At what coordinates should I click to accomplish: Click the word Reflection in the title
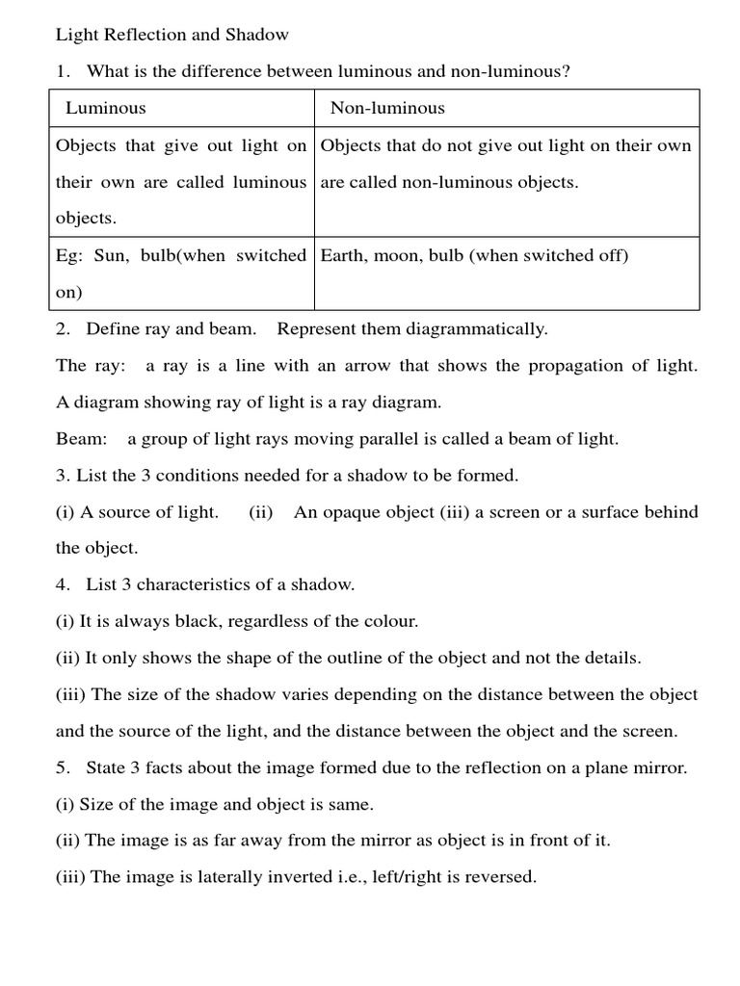136,36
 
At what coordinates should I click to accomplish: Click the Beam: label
82,439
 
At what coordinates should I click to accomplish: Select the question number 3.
61,476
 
